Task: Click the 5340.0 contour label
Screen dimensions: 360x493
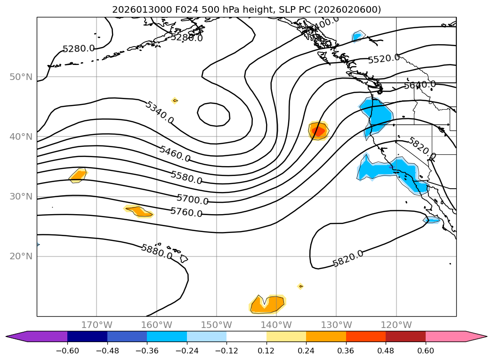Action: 159,113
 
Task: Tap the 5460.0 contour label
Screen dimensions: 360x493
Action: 175,154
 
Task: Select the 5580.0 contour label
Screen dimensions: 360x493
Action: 186,177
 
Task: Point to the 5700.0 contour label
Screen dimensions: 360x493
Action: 193,200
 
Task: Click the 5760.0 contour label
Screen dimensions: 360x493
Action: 186,212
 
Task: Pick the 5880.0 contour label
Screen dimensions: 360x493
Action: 157,252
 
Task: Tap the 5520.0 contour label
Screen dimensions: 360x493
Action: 384,58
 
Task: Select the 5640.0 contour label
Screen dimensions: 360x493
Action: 420,85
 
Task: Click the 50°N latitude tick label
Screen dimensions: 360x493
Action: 21,77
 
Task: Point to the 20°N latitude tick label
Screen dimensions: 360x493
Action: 21,256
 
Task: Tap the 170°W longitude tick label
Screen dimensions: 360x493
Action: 97,325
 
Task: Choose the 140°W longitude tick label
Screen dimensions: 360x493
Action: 276,325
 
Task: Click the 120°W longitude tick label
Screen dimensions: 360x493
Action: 396,325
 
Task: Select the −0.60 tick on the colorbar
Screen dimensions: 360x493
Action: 67,351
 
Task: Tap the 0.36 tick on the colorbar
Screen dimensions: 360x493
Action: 346,351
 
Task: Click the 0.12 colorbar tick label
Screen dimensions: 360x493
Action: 267,351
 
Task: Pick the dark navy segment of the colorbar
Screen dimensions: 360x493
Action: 87,336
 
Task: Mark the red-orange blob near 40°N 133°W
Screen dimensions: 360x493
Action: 319,131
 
